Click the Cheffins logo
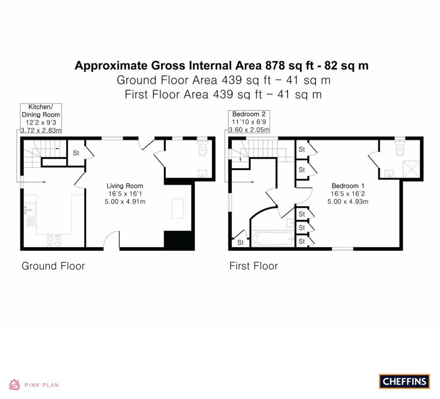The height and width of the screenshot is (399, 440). click(404, 381)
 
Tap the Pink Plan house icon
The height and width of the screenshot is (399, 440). click(15, 384)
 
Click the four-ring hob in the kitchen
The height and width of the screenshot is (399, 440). click(53, 241)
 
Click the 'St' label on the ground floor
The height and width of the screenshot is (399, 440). click(76, 153)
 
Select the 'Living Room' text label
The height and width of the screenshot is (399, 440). click(125, 186)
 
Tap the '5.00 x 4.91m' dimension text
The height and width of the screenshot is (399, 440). click(125, 201)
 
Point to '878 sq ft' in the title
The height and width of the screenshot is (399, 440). click(291, 65)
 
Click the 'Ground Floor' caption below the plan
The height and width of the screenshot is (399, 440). click(53, 266)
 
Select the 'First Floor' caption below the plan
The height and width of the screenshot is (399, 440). click(254, 266)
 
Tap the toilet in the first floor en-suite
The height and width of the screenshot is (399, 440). click(400, 148)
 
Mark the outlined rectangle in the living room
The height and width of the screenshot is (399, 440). click(177, 209)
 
